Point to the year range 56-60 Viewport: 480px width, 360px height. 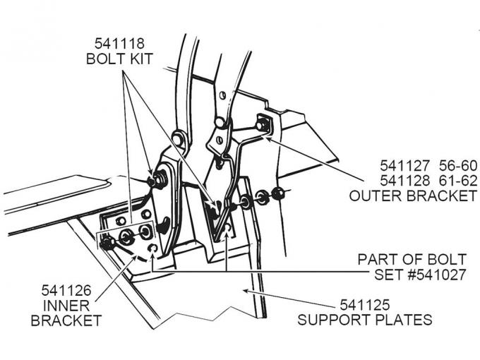click(x=456, y=166)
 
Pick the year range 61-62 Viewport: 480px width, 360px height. click(x=456, y=181)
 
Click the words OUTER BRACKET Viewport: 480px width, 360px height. click(x=413, y=196)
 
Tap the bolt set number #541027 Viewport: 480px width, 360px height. click(x=430, y=275)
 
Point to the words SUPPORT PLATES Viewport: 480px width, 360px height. click(x=365, y=320)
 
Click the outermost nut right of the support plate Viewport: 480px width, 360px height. click(x=277, y=193)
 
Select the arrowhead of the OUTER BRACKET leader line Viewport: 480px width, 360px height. click(x=269, y=138)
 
